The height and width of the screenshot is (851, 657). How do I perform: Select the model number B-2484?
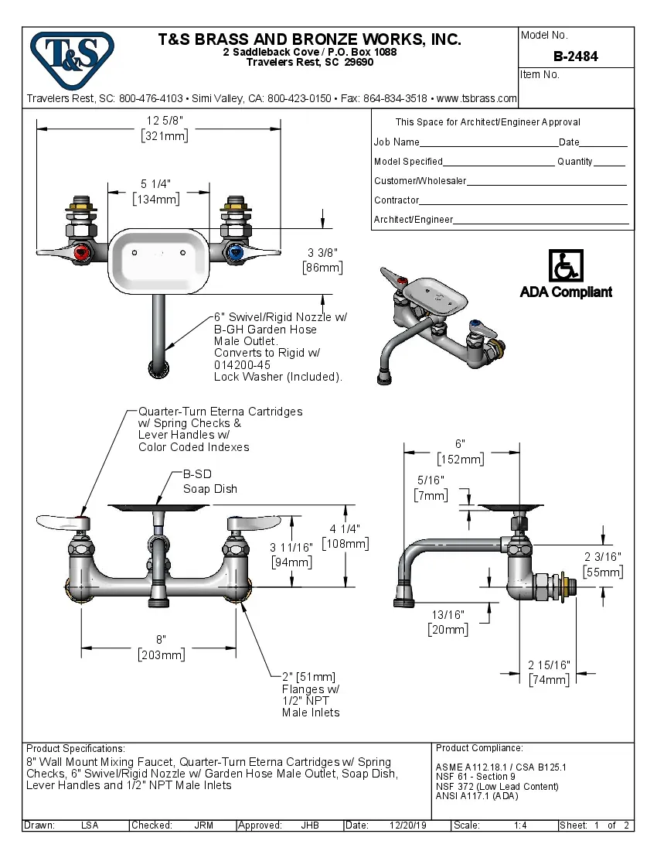(x=575, y=56)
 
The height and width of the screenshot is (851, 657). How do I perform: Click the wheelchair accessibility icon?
(x=566, y=265)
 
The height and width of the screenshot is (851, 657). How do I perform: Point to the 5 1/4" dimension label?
(x=156, y=191)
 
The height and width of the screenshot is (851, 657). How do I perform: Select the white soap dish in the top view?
(x=159, y=261)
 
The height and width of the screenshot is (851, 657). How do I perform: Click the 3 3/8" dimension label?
(x=322, y=260)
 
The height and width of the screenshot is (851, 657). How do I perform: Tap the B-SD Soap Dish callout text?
(x=210, y=481)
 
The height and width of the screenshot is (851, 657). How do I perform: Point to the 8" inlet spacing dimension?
(x=161, y=648)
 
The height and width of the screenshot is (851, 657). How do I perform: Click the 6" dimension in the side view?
(x=460, y=452)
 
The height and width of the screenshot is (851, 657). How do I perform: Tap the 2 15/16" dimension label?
(x=549, y=672)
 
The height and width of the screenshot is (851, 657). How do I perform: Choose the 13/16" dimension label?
(x=448, y=622)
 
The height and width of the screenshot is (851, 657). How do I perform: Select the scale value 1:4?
(x=520, y=825)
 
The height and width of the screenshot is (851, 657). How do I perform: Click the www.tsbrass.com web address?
(x=477, y=98)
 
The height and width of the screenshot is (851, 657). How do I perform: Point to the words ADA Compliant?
(x=566, y=292)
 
